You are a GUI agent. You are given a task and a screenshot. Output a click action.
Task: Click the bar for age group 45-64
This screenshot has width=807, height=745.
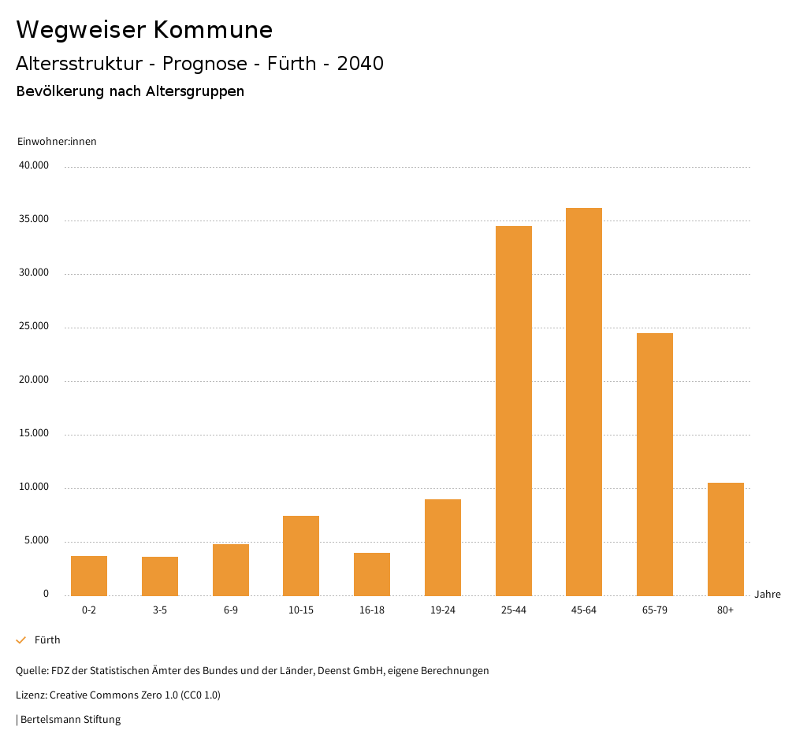click(x=584, y=402)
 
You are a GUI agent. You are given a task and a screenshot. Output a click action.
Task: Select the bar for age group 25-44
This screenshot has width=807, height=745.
click(x=514, y=410)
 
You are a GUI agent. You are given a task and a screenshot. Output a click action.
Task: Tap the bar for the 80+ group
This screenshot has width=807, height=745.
click(x=726, y=539)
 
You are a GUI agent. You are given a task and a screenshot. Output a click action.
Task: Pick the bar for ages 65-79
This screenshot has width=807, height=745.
click(x=655, y=464)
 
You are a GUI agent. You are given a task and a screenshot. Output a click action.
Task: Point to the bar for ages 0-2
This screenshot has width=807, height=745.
click(x=89, y=576)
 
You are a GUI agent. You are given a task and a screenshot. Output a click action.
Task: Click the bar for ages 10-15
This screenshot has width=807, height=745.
click(x=301, y=555)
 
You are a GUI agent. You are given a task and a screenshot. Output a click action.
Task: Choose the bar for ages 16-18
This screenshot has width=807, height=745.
click(x=372, y=574)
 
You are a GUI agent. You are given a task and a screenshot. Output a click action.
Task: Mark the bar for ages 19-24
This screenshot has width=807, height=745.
click(x=443, y=547)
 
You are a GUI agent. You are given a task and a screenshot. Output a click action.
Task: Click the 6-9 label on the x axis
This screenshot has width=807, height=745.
click(x=231, y=610)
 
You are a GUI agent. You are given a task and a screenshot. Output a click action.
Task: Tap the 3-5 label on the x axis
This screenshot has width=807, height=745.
click(x=160, y=610)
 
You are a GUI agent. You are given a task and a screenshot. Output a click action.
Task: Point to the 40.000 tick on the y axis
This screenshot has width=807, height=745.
click(x=35, y=166)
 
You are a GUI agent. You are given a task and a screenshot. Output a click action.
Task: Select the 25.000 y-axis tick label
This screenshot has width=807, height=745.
click(x=35, y=327)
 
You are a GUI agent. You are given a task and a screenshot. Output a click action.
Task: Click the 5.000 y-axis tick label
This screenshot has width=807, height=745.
click(x=37, y=541)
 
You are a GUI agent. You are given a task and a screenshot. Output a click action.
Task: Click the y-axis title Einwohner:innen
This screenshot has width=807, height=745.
click(x=57, y=142)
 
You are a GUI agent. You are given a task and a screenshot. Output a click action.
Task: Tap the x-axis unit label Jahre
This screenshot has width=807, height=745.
click(x=768, y=595)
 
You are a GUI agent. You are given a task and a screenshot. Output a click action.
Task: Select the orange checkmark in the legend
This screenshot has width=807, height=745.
click(x=21, y=640)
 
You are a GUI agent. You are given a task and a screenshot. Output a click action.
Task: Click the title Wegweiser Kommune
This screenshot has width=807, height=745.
click(x=144, y=30)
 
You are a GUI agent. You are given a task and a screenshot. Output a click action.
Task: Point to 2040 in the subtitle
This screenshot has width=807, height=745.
click(x=360, y=64)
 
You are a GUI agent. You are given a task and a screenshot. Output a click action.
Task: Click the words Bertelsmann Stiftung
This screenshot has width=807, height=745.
click(x=70, y=719)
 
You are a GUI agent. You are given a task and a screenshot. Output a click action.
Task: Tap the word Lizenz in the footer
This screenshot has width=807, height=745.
click(x=31, y=695)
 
